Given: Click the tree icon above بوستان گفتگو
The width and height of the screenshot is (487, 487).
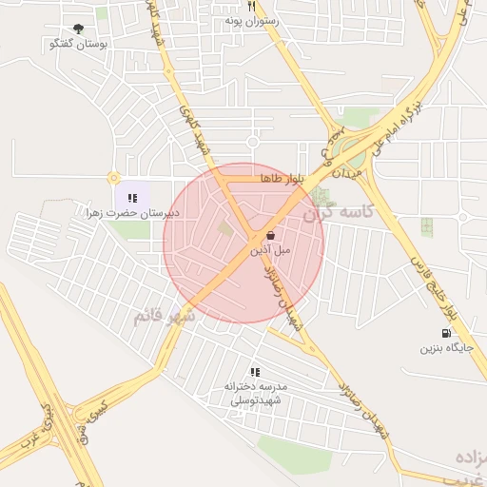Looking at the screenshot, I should tap(78, 29).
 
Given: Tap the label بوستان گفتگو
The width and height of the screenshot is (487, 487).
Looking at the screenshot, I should tap(78, 44).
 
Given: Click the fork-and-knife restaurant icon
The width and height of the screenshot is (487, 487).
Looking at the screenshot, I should tap(250, 6).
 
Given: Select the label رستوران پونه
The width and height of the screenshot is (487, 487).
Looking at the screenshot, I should tap(250, 20).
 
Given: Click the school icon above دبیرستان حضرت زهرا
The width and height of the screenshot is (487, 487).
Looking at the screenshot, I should tap(132, 198).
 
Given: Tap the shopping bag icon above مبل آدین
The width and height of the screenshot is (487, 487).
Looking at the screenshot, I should tap(271, 235).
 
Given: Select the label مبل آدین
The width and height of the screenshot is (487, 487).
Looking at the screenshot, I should tap(270, 250).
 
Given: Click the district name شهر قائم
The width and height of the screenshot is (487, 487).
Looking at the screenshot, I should tap(164, 315).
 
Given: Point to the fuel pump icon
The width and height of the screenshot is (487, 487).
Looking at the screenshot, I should tap(445, 333).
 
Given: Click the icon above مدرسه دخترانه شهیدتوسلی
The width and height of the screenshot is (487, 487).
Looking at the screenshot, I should tap(255, 372).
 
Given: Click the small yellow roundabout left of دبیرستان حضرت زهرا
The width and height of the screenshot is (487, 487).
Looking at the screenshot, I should tap(114, 178).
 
